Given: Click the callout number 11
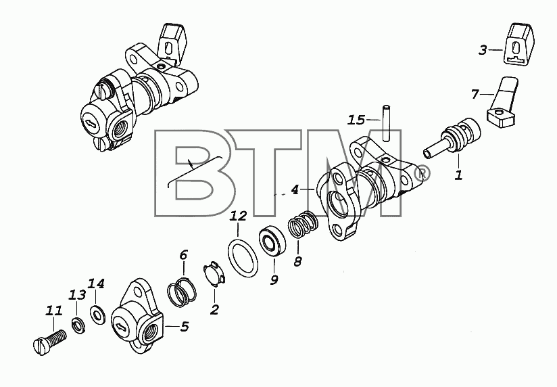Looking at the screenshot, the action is (x=54, y=311).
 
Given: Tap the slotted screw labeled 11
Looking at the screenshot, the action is (x=49, y=342).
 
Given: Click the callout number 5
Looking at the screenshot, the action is (x=184, y=327).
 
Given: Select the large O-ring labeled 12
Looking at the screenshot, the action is (x=242, y=258).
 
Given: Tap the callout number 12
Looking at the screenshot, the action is (x=238, y=216).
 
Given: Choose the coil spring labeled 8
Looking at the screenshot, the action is (x=303, y=225).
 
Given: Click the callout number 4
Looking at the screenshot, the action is (x=295, y=190).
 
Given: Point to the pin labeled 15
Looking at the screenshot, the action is (x=386, y=122).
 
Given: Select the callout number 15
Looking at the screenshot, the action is (x=356, y=120).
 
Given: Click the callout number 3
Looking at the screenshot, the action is (x=482, y=50).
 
